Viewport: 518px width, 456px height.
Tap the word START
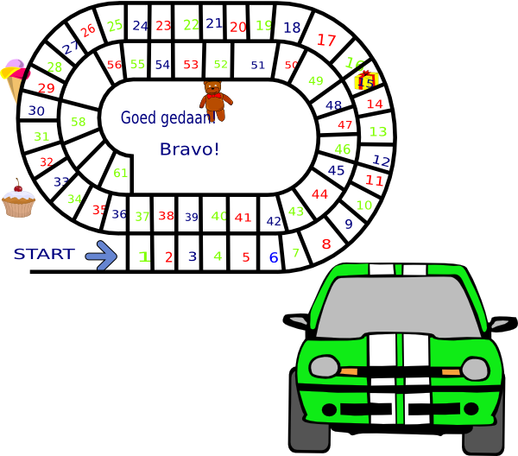pos(44,254)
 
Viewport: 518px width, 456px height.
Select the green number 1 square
pos(144,256)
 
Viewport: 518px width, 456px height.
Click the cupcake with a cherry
pos(18,199)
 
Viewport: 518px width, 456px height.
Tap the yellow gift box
pos(366,80)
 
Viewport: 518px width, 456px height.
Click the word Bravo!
pos(190,149)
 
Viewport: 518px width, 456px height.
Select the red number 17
pos(326,40)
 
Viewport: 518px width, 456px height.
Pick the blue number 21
pos(214,23)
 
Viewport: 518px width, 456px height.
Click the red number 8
pos(325,244)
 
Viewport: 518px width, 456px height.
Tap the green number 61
pos(121,173)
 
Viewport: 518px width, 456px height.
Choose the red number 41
pos(243,218)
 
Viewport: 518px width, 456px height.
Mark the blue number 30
pos(36,111)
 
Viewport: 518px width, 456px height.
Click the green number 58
pos(79,122)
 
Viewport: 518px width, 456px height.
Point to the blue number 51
pos(258,65)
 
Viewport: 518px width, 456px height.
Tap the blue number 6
pos(273,256)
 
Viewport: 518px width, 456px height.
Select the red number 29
pos(46,88)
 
